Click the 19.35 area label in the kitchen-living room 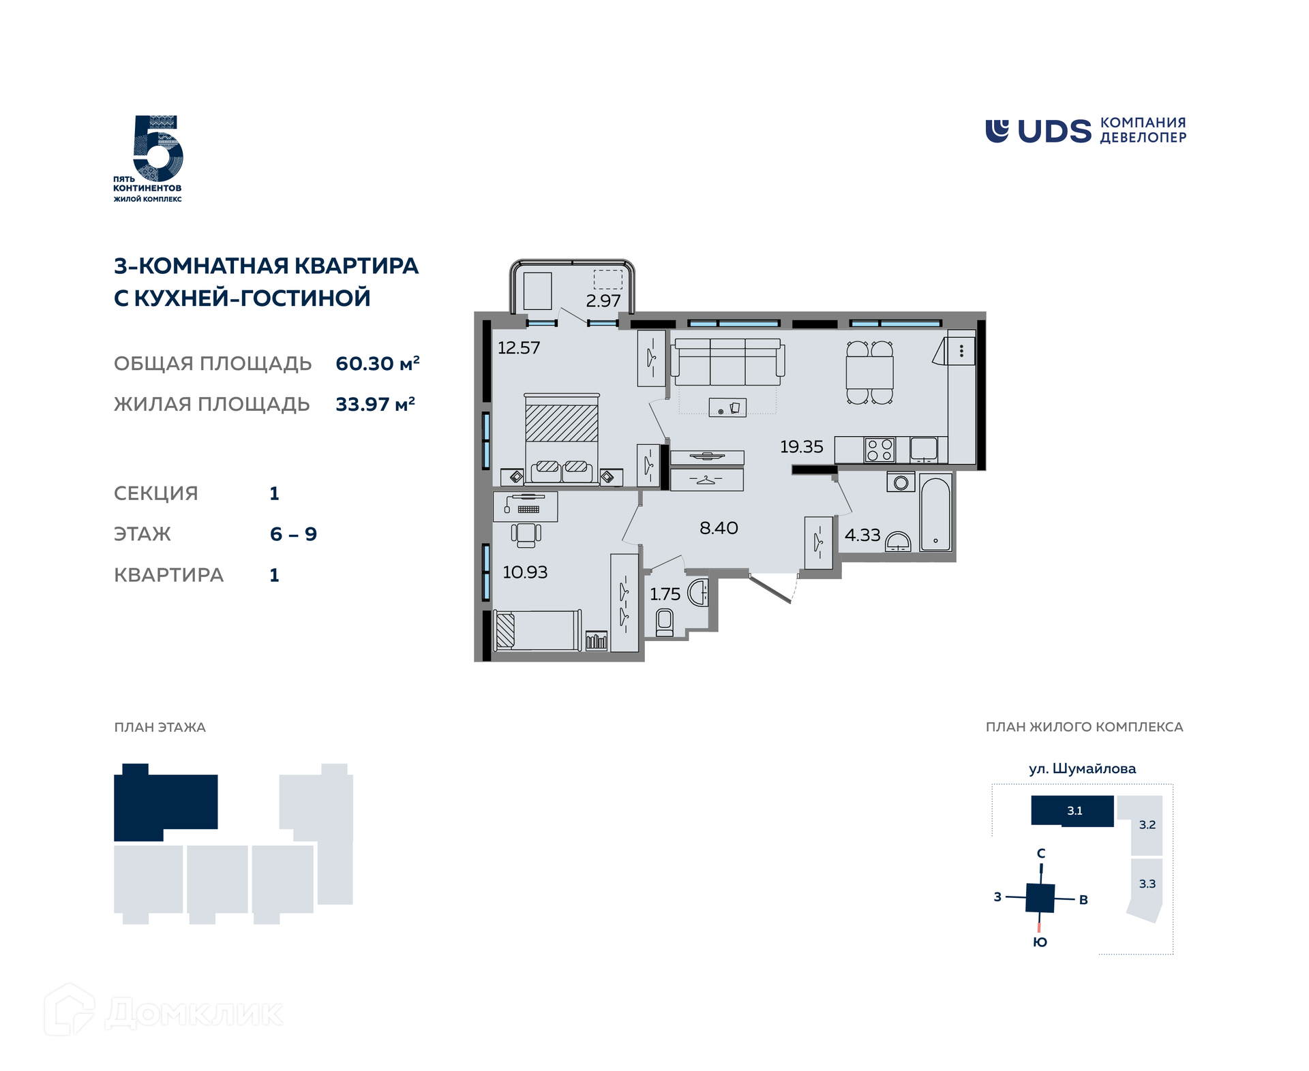(x=801, y=447)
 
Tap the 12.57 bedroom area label (x=518, y=348)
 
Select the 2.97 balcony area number (x=603, y=301)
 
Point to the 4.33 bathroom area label (x=862, y=535)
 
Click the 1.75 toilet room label (x=665, y=594)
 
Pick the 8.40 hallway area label (x=719, y=528)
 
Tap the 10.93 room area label (x=525, y=572)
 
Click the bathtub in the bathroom (x=935, y=512)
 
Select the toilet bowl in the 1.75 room (x=665, y=623)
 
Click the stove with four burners (x=879, y=450)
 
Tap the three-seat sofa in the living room (x=727, y=362)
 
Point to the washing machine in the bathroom (x=901, y=482)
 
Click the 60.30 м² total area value (x=378, y=363)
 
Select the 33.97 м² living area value (x=376, y=404)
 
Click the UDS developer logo (x=1085, y=131)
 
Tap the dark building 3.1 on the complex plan (x=1072, y=811)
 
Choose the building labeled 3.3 (x=1146, y=890)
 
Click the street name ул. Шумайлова (x=1082, y=769)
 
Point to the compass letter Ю (x=1040, y=942)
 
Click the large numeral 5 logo (x=157, y=148)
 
